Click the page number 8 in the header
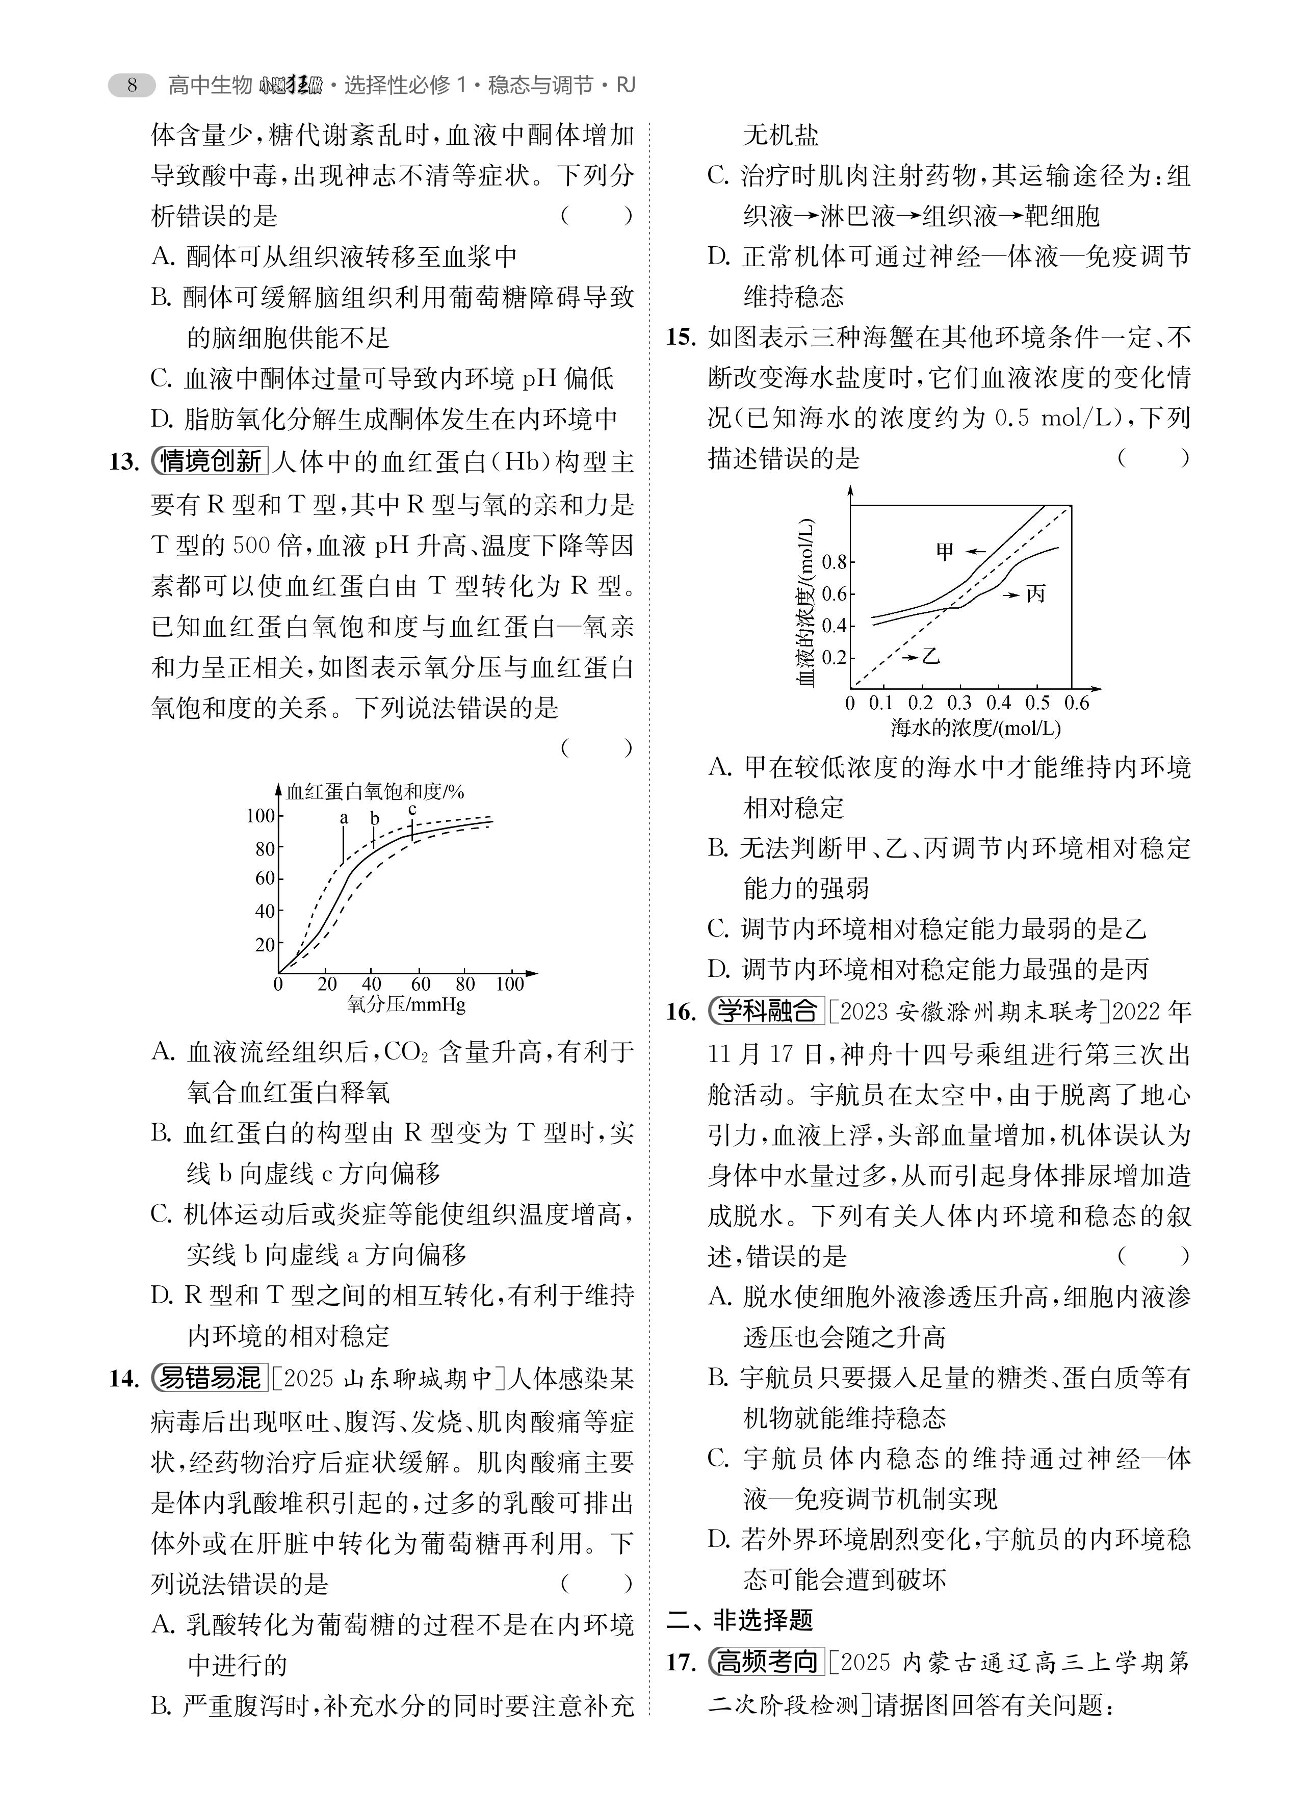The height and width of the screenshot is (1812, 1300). point(133,85)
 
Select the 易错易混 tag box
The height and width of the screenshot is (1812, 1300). point(210,1378)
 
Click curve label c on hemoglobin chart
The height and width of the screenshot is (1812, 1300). point(412,809)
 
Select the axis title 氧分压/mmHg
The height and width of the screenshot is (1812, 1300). point(406,1005)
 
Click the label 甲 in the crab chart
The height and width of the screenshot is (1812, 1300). point(945,551)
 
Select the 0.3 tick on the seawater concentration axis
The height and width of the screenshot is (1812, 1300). point(959,703)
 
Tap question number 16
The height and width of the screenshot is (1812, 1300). point(682,1012)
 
